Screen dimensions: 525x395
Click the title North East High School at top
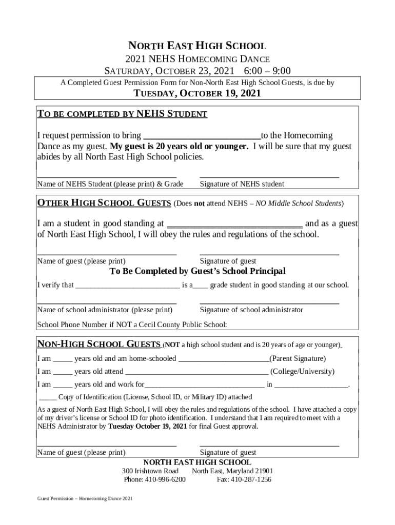[x=197, y=46]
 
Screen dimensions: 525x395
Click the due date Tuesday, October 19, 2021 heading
[x=197, y=93]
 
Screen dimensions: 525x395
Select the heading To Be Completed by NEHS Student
[x=122, y=114]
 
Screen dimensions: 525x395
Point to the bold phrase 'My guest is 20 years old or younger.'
[x=179, y=146]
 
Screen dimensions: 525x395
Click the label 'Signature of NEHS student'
[x=242, y=184]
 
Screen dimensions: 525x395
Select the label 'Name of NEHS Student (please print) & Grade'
[x=110, y=184]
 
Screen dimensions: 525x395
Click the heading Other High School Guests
[x=105, y=203]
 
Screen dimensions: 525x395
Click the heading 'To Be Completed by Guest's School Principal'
[x=197, y=271]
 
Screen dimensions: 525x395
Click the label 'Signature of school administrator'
[x=251, y=310]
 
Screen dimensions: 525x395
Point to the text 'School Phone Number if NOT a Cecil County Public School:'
[x=132, y=325]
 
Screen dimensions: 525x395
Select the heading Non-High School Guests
[x=100, y=345]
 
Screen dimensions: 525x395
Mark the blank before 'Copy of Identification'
[x=48, y=397]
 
